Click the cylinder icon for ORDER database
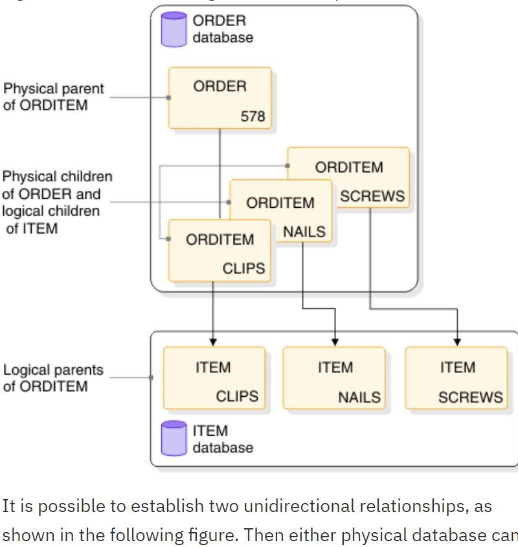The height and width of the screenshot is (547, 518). coord(174,29)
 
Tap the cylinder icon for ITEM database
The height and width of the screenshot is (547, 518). coord(174,438)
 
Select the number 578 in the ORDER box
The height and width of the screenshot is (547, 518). coord(253,117)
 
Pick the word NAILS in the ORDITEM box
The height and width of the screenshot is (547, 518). coord(304,231)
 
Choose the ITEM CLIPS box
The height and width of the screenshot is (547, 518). coord(214,378)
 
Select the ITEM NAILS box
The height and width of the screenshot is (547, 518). coord(334,378)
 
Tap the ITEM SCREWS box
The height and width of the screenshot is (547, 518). coord(456,378)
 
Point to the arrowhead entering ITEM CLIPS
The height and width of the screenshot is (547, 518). coord(213,341)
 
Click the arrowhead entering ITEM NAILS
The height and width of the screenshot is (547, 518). coord(335,341)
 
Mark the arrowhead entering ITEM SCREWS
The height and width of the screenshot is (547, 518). coord(457,341)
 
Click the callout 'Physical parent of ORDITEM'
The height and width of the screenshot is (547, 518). coord(54,96)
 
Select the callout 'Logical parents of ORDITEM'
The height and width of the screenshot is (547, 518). coord(53,378)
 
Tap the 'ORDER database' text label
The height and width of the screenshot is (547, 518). coord(222,29)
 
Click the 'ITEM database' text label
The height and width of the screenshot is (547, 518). coord(222,439)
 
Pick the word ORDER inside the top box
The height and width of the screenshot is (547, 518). coord(220,86)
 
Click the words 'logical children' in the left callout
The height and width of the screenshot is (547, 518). coord(51,211)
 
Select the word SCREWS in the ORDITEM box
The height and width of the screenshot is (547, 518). coord(372,196)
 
